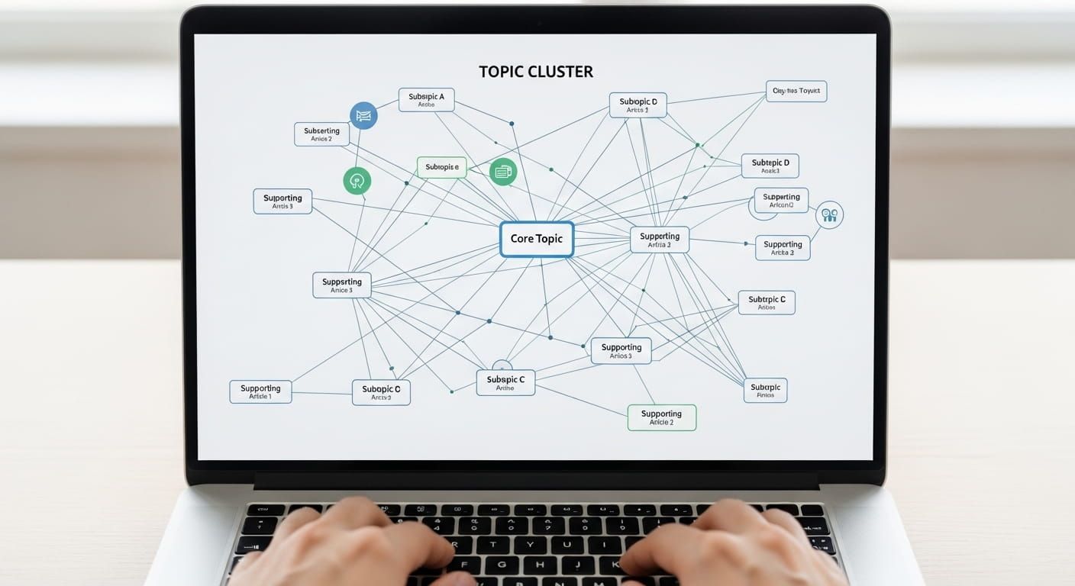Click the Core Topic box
[x=536, y=239]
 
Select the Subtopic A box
[x=426, y=100]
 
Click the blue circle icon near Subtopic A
[x=363, y=115]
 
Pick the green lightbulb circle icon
[x=357, y=181]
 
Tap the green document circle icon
[x=502, y=172]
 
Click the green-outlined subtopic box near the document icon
[x=441, y=168]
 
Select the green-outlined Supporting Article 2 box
[x=661, y=417]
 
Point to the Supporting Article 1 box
[x=260, y=391]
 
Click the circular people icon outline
[x=829, y=215]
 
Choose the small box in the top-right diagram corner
[x=796, y=92]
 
